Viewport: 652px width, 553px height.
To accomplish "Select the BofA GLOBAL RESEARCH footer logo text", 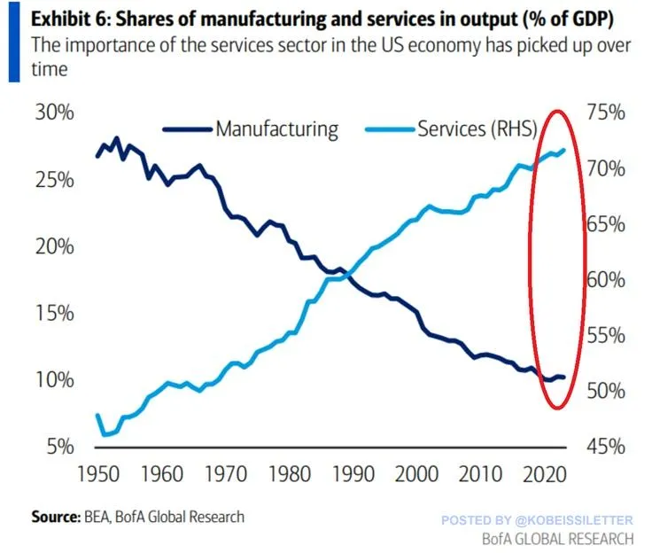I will point(557,538).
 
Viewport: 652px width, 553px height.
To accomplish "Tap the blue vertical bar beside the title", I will point(13,42).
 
